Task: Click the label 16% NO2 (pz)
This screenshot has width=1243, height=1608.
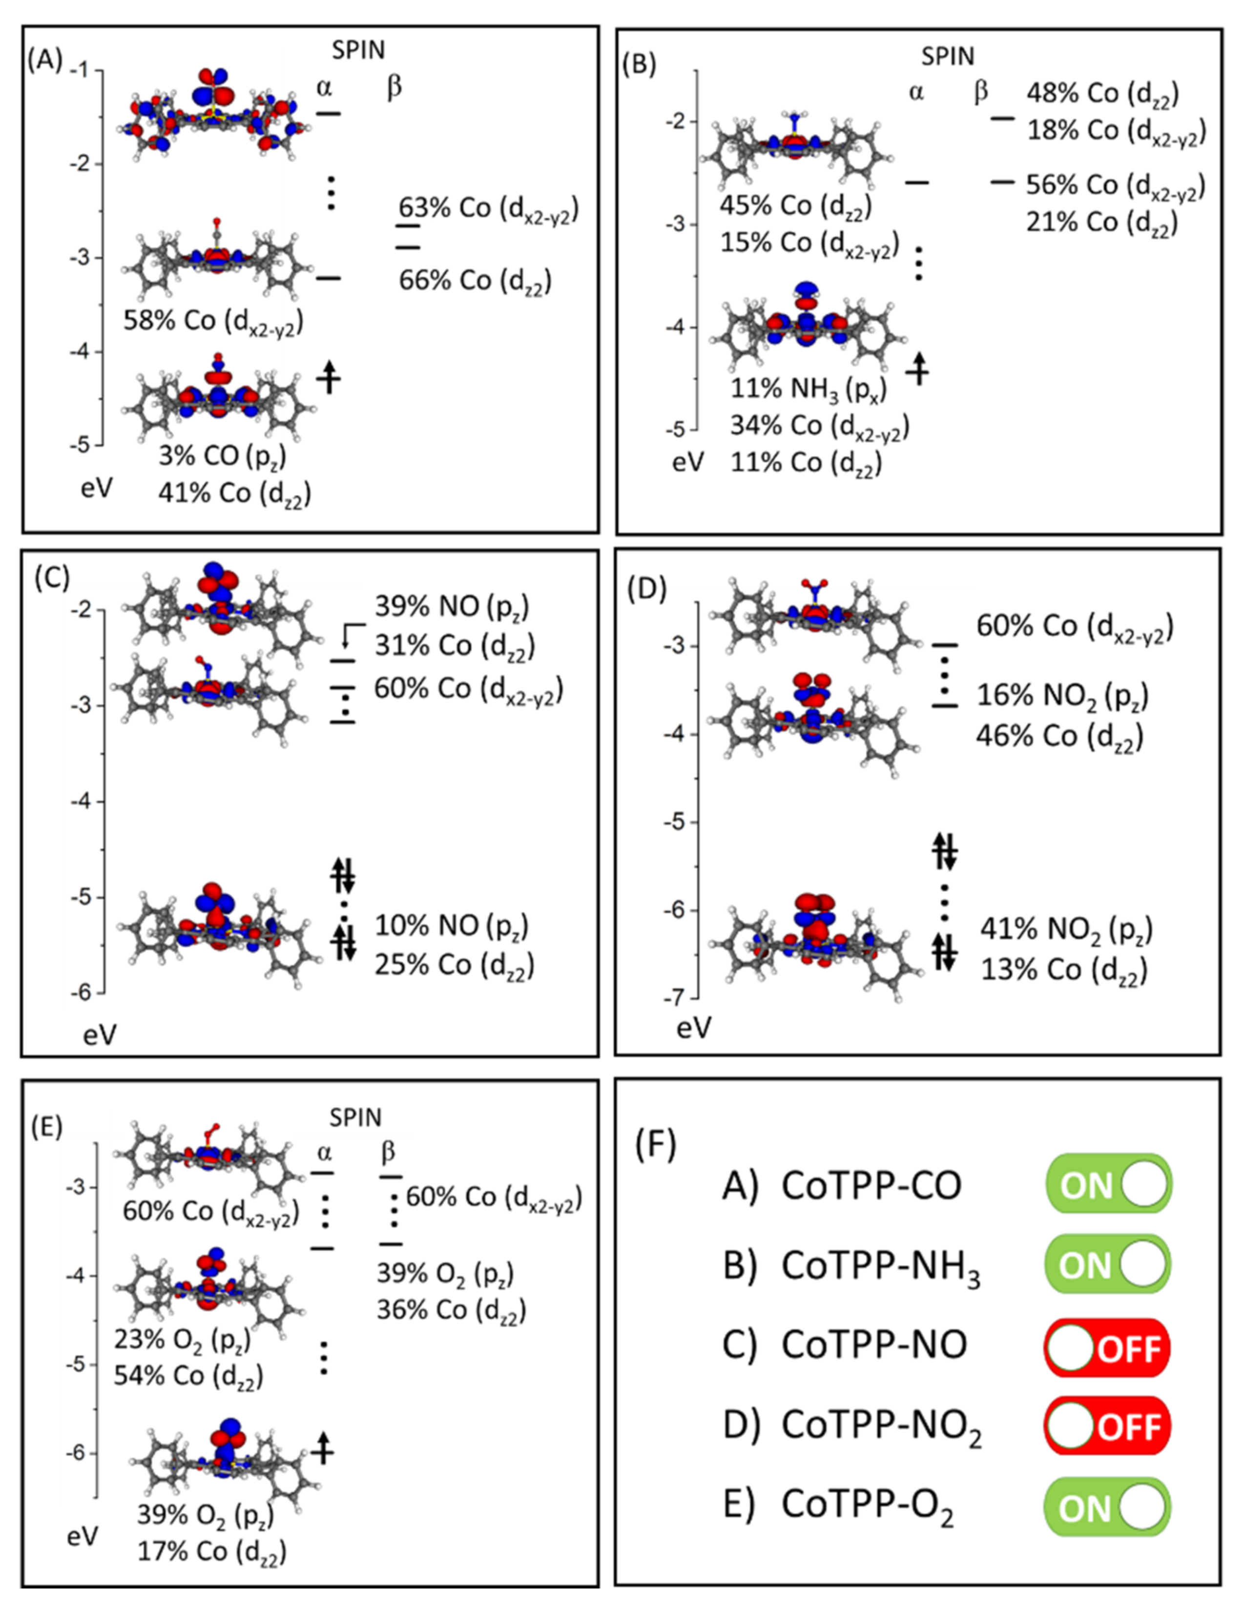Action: coord(1062,696)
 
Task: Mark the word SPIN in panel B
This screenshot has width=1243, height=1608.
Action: coord(948,57)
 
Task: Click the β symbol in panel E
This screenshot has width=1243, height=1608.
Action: coord(388,1152)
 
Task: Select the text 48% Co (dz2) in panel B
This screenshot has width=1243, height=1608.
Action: coord(1102,94)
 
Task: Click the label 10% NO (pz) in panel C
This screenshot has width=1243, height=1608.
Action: coord(452,925)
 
